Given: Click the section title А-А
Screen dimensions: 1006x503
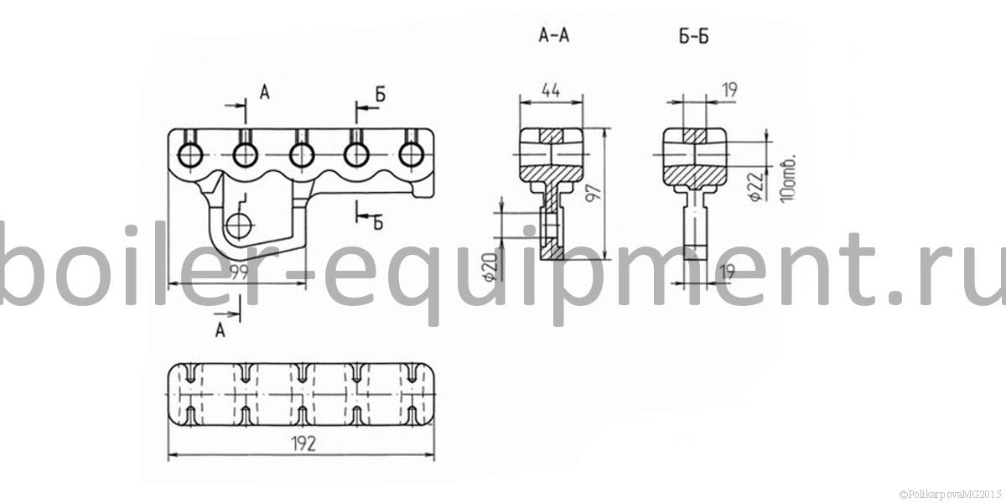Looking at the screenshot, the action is pos(554,35).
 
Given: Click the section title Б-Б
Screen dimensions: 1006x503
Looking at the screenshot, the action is pos(694,36).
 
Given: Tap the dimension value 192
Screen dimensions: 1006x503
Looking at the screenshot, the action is pos(304,443).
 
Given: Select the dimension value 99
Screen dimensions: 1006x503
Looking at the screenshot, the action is pos(239,272).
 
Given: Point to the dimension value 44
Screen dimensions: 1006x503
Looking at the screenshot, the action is pos(551,91).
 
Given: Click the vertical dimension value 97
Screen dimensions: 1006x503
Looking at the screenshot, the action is pos(594,193).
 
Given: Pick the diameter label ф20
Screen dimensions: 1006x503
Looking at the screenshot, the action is pos(491,267).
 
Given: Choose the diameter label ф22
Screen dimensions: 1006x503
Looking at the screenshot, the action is pos(757,186).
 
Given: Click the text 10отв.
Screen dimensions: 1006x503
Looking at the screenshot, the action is pos(788,179).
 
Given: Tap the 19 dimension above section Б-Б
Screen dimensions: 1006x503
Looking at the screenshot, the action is pos(730,91).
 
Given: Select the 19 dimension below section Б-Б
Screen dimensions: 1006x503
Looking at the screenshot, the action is pos(727,272).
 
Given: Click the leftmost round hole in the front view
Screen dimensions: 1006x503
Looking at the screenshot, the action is pos(190,155).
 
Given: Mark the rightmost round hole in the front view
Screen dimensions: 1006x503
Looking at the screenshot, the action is pos(412,155).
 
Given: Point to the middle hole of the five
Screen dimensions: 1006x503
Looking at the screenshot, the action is pos(301,155).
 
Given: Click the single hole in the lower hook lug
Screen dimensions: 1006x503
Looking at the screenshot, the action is pos(237,226).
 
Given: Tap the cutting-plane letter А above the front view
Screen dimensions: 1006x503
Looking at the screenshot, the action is pos(265,93).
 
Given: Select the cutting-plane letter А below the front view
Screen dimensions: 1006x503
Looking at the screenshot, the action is pos(220,330).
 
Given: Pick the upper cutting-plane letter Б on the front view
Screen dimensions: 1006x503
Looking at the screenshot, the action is pos(381,95).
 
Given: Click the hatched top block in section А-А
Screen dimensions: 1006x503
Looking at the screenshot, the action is pos(551,136).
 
